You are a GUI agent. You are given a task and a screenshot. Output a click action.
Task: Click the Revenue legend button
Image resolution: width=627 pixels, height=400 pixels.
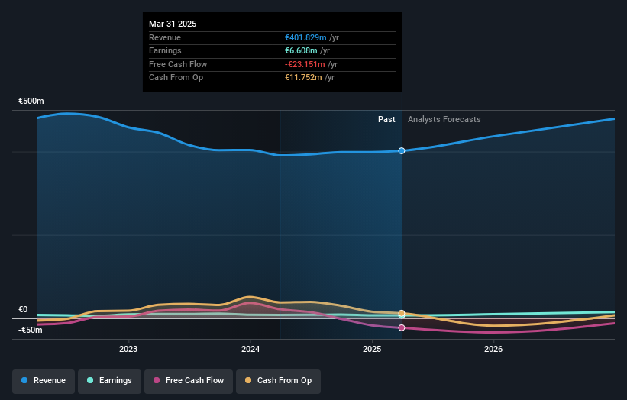pos(44,380)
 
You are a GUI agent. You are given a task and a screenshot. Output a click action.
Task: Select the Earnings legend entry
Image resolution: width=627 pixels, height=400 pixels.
pos(107,380)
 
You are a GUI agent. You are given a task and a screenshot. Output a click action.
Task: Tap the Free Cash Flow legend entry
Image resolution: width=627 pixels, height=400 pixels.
pos(188,380)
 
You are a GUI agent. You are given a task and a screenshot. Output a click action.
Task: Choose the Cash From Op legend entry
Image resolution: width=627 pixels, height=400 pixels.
pos(278,380)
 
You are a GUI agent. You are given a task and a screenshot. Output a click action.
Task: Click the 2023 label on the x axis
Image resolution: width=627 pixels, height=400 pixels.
pos(128,349)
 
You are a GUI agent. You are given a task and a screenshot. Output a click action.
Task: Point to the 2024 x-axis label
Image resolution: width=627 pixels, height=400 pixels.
pos(250,349)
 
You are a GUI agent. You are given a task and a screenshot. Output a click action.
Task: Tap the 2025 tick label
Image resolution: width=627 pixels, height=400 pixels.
pos(372,349)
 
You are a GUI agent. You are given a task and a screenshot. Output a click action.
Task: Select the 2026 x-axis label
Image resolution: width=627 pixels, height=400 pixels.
pos(493,349)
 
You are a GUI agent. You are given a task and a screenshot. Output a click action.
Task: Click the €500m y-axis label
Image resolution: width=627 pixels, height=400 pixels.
pos(31,101)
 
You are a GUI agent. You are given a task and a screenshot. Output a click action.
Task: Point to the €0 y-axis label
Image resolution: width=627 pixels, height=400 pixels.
pos(23,309)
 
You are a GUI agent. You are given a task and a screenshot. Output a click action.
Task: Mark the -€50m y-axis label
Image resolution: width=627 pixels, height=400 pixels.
pos(31,330)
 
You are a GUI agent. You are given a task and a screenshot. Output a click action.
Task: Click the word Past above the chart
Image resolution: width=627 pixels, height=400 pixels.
pos(386,119)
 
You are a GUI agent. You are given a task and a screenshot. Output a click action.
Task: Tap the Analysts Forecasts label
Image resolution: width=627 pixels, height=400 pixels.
pos(444,119)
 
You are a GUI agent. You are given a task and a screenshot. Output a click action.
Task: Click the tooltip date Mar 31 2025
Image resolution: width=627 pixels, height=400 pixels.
pos(173,24)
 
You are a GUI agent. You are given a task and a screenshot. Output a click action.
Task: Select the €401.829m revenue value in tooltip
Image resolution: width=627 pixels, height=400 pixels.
pos(305,37)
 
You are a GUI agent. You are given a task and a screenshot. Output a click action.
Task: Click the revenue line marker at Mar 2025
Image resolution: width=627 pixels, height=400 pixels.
pos(402,150)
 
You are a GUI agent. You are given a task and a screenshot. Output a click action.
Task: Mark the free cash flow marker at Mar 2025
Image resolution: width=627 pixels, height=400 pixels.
pos(402,327)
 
